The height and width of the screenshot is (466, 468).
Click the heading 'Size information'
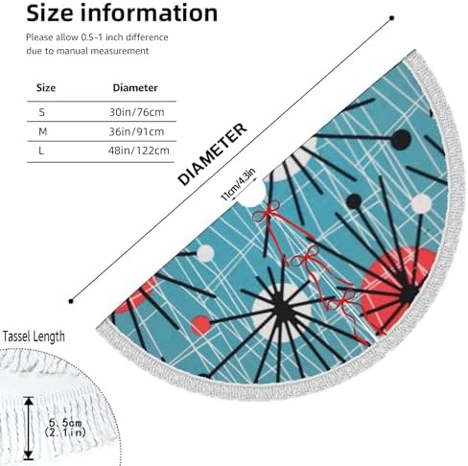click(122, 13)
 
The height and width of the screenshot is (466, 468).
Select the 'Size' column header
click(46, 87)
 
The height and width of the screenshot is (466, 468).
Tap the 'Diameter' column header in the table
click(135, 87)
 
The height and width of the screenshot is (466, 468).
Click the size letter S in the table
click(42, 112)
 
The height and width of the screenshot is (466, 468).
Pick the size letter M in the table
click(42, 131)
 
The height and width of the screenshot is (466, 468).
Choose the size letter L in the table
click(41, 151)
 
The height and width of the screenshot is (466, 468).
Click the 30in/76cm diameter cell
click(137, 112)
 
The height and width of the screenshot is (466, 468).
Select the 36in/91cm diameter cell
click(136, 131)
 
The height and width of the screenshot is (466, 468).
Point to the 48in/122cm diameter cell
click(139, 151)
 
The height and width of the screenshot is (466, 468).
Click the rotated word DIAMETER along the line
click(212, 154)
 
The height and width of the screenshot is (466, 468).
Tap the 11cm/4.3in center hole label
click(239, 184)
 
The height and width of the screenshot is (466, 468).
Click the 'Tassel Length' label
click(34, 337)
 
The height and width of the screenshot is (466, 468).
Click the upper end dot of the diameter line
click(392, 18)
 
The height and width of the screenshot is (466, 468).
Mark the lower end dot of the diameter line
click(71, 301)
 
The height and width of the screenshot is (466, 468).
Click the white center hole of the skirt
click(253, 197)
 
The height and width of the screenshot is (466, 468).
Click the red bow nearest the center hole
click(267, 212)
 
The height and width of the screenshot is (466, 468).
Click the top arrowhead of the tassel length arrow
click(29, 401)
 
